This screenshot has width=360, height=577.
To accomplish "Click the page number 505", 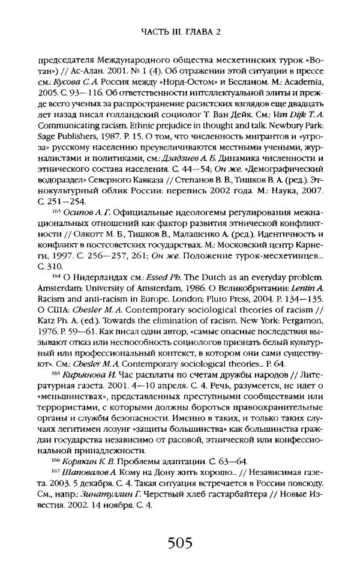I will [x=179, y=545].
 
